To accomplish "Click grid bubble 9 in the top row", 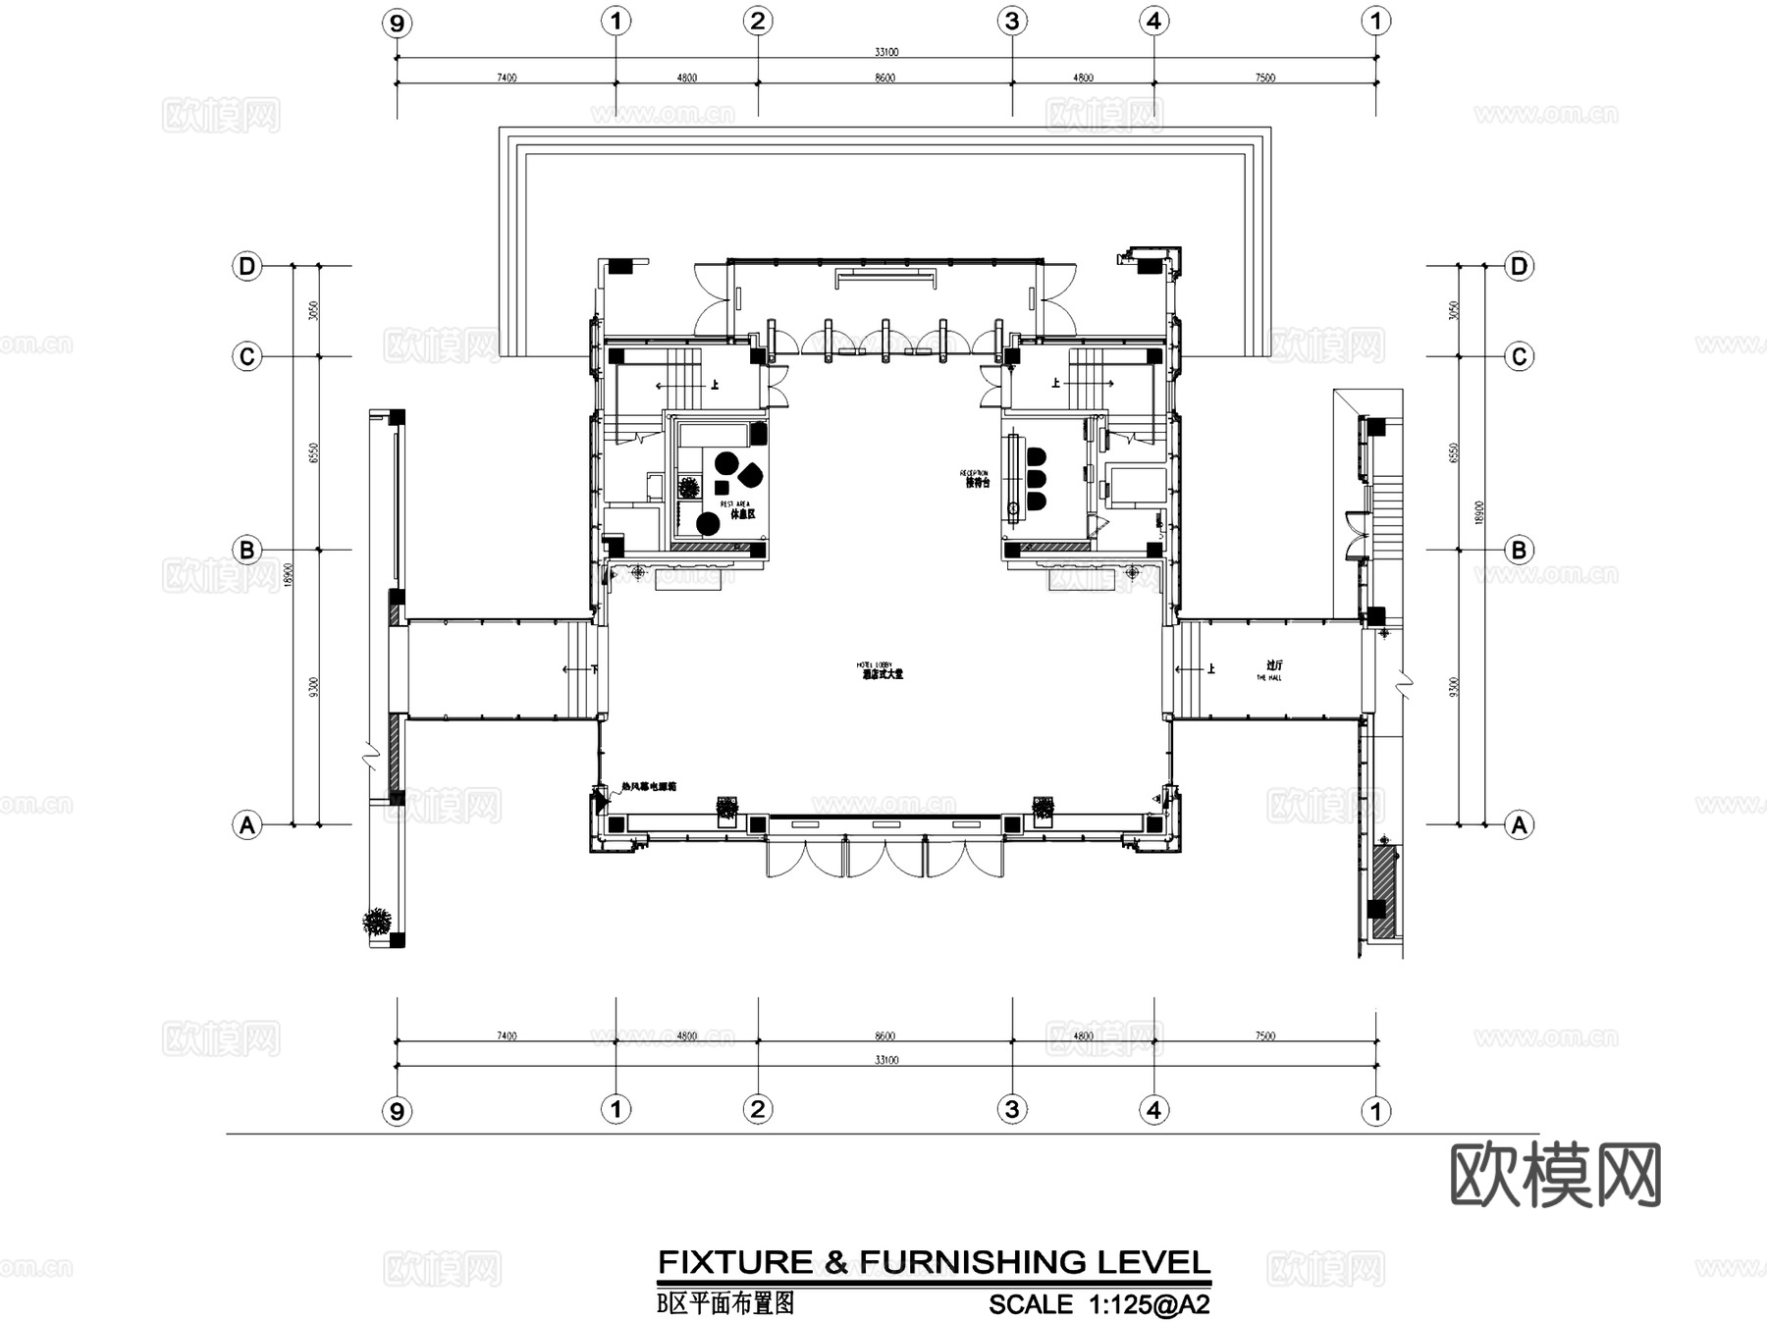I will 397,23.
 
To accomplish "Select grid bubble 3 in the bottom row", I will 1012,1110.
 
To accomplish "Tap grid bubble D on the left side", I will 247,266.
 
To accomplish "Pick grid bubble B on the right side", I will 1519,551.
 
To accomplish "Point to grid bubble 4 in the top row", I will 1154,21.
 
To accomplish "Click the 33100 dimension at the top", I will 885,52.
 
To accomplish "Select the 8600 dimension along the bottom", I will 884,1036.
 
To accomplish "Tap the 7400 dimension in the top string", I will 507,78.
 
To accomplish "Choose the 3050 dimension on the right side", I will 1454,310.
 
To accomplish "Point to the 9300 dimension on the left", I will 312,687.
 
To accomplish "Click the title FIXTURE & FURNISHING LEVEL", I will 934,1262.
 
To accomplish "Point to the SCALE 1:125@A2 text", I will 1098,1304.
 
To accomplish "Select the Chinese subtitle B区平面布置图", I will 725,1303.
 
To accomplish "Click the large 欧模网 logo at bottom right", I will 1555,1175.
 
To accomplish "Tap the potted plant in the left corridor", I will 377,922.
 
